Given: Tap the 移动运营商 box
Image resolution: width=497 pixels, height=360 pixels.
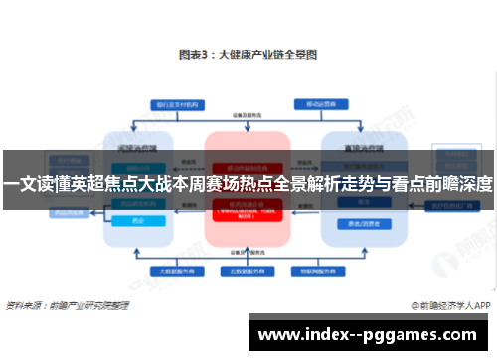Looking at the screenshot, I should [x=320, y=102].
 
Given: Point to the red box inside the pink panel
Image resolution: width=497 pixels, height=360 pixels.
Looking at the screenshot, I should [x=248, y=209].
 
